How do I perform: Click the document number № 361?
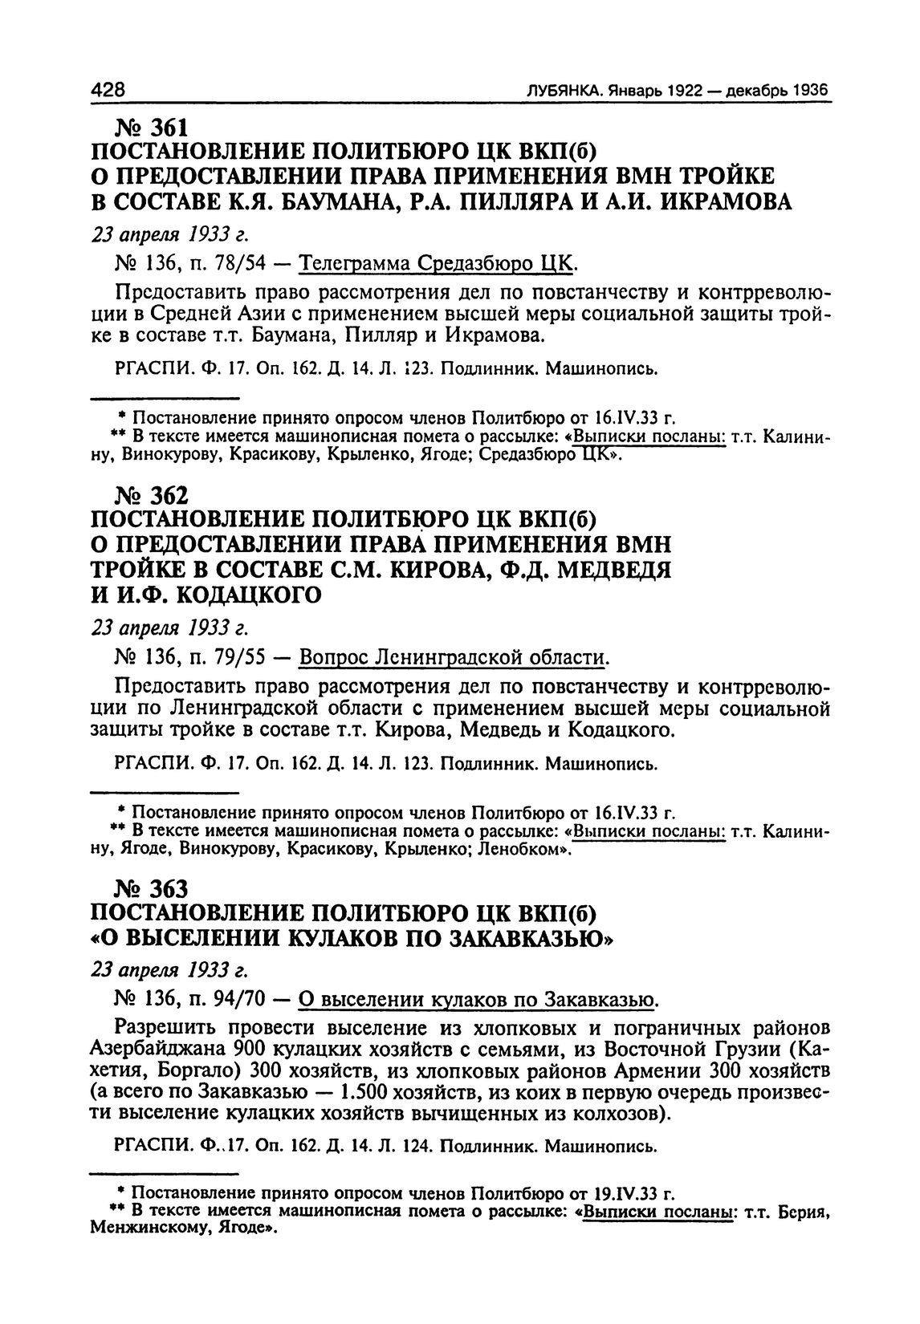pyautogui.click(x=152, y=128)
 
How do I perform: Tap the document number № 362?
pyautogui.click(x=152, y=498)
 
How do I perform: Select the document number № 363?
pyautogui.click(x=152, y=890)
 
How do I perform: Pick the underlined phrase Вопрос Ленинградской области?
pyautogui.click(x=452, y=658)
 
